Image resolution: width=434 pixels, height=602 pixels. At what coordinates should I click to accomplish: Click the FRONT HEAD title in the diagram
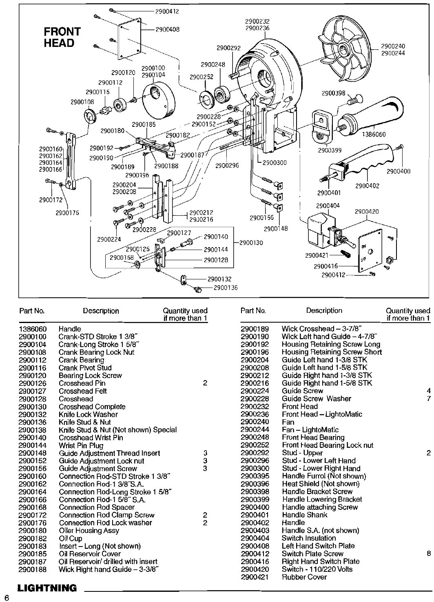coord(62,37)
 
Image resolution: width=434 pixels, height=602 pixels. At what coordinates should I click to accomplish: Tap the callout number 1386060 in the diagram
coord(374,135)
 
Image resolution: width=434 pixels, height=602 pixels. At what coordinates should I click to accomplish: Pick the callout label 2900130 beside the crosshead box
coord(251,243)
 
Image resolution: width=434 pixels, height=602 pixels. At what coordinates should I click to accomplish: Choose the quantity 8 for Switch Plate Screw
coord(428,554)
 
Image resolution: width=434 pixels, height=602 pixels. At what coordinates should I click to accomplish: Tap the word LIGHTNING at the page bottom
coord(47,588)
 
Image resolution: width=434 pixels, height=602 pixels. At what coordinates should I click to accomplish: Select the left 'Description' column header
coord(101,311)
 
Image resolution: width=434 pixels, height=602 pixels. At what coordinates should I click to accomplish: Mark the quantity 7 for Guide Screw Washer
coord(428,399)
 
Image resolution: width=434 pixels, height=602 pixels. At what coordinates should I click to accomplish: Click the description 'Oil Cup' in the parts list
coord(70,538)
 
